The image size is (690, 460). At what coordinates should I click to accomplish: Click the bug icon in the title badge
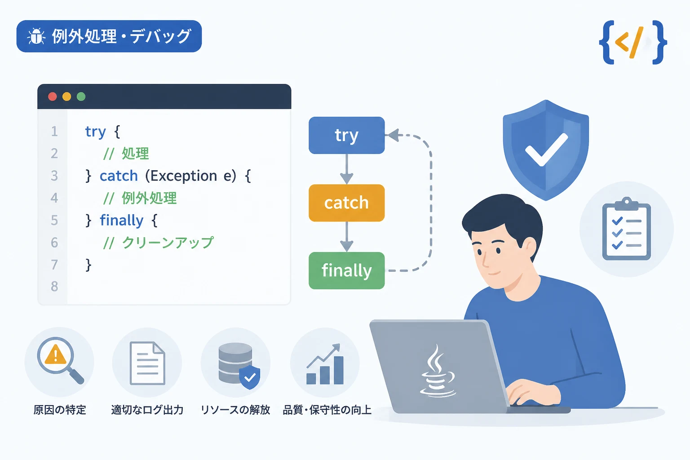pos(36,36)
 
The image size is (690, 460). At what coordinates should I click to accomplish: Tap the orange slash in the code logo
pos(637,43)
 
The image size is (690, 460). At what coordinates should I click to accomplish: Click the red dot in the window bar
pos(53,97)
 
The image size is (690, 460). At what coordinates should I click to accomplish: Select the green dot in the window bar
pos(81,97)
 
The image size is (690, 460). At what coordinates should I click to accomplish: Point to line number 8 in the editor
pos(54,287)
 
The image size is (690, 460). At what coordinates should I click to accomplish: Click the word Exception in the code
pos(183,176)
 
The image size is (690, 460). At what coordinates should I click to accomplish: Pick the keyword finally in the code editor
pos(122,221)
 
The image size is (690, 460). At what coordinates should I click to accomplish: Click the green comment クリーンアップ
pos(168,243)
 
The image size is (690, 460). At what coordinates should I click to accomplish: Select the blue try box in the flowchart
pos(346,135)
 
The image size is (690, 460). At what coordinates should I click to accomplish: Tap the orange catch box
pos(346,203)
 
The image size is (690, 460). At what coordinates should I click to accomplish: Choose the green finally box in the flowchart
pos(346,270)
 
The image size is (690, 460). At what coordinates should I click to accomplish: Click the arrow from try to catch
pos(346,169)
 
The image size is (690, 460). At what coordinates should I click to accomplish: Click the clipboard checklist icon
pos(627,229)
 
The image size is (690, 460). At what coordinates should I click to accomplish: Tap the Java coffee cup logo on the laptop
pos(438,371)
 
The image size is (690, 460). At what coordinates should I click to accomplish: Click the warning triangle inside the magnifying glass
pos(55,355)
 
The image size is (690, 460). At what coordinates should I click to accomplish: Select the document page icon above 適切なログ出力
pos(147,363)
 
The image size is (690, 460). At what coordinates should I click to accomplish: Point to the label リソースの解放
pos(235,410)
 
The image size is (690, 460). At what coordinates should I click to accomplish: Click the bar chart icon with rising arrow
pos(325,364)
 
